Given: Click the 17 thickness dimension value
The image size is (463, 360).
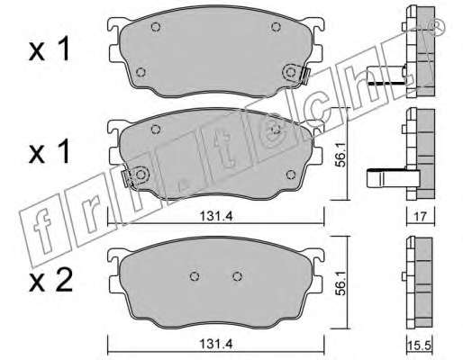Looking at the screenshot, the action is click(421, 216).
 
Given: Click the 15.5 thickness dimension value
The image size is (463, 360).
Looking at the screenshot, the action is click(420, 346).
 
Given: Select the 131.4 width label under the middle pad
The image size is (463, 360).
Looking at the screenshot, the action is click(216, 216).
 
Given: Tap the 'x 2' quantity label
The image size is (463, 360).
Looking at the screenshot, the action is click(50, 281).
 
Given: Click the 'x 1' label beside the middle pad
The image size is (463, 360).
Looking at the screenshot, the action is click(49, 152).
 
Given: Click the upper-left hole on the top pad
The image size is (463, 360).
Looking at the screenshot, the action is click(155, 27).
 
